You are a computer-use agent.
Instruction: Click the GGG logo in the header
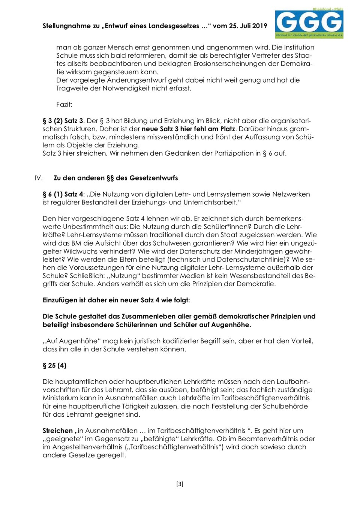[309, 23]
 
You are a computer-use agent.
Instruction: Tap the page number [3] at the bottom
[180, 484]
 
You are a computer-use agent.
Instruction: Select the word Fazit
[64, 104]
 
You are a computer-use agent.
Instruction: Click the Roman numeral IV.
[39, 178]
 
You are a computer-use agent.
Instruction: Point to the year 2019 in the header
[259, 26]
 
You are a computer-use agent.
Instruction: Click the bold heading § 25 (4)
[54, 365]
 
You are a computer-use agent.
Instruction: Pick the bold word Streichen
[57, 431]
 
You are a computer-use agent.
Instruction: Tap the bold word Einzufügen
[60, 300]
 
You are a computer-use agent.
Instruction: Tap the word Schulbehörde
[285, 406]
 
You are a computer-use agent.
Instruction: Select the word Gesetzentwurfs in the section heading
[155, 178]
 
